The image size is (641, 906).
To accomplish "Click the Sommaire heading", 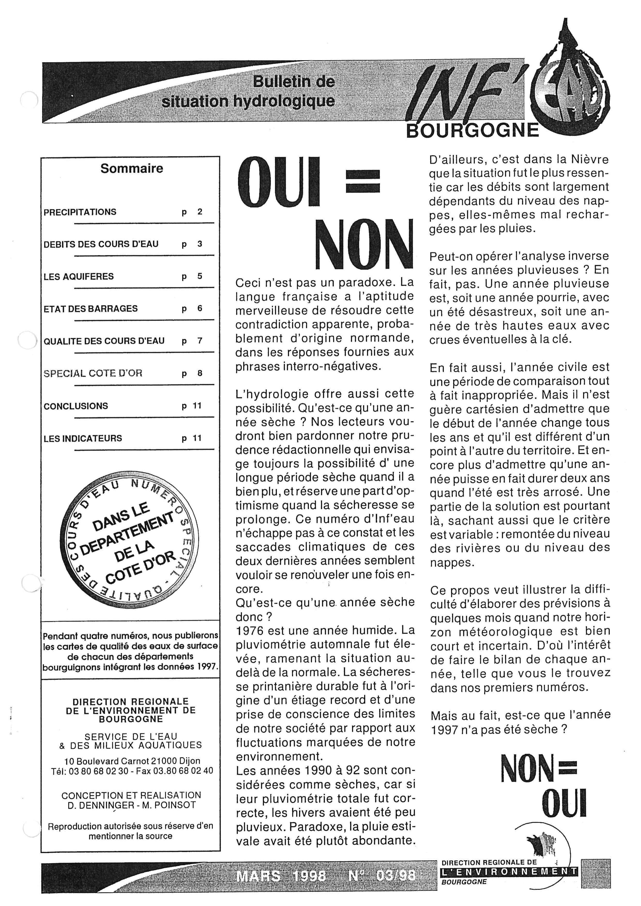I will click(132, 168).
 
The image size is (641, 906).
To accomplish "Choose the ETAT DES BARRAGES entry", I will click(90, 308).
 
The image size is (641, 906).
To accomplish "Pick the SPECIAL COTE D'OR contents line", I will click(93, 373).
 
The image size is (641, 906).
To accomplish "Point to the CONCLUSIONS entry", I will click(76, 406).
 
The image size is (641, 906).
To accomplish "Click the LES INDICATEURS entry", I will click(83, 438).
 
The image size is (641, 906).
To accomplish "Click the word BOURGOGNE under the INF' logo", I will click(472, 130).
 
